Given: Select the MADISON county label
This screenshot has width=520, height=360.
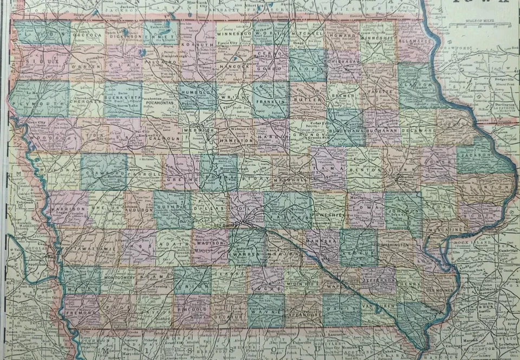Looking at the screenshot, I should click(210, 244).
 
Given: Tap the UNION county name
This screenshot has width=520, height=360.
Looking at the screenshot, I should click(191, 286).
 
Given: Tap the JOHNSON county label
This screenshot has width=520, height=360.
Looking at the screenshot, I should click(403, 210).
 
